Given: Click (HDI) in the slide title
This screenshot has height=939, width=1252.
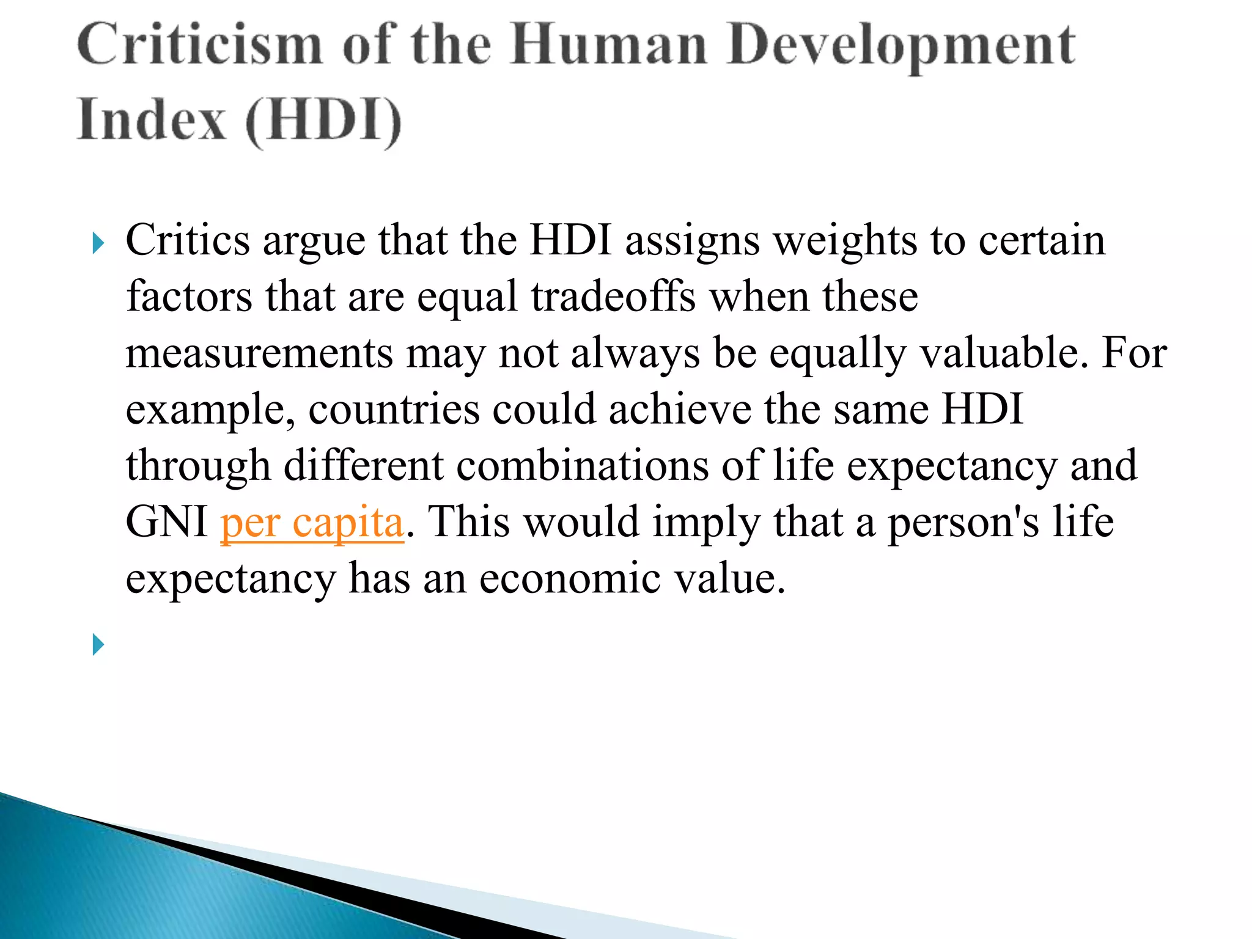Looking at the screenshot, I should (x=323, y=122).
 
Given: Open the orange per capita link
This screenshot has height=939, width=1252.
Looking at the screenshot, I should (x=312, y=523).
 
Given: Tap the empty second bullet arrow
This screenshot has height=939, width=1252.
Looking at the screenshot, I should (x=98, y=644).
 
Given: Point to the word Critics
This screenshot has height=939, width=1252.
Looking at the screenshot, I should (x=188, y=240).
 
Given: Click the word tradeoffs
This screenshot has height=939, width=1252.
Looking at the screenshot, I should (x=613, y=297).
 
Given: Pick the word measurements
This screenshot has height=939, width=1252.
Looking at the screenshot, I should (x=259, y=353).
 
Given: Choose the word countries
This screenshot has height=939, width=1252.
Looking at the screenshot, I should (x=394, y=410).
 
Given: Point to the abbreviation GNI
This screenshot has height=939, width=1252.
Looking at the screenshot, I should (x=166, y=523).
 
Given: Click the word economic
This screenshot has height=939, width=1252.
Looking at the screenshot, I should (x=570, y=579).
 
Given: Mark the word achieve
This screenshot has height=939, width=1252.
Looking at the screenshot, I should (x=680, y=410).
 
